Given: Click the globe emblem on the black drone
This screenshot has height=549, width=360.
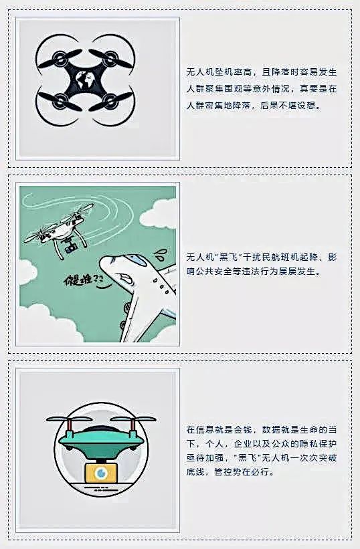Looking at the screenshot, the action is [85, 81].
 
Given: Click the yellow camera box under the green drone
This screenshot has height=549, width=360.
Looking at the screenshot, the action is [102, 472].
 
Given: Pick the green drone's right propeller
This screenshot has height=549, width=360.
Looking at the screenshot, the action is [133, 419].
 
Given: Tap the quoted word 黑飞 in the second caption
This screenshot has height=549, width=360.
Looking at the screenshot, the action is [228, 257].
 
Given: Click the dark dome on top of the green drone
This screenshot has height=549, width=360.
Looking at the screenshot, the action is [102, 429].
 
